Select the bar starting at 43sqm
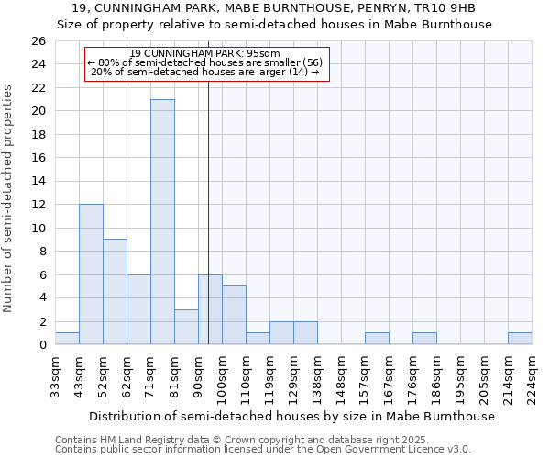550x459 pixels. click(91, 274)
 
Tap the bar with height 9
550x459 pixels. click(115, 292)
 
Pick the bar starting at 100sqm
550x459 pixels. click(234, 315)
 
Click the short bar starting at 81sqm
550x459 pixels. click(186, 327)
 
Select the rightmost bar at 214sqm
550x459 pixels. click(520, 339)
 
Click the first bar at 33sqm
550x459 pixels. click(67, 339)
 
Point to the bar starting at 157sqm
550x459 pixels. click(377, 339)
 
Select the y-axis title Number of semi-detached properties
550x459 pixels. click(9, 197)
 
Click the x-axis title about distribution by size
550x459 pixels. click(293, 416)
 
